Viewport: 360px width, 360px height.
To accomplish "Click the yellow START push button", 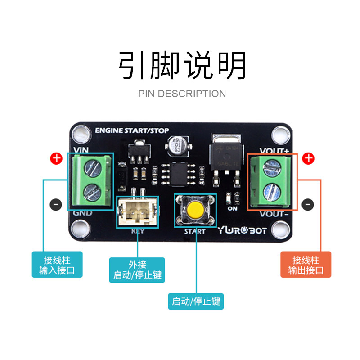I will [x=195, y=210].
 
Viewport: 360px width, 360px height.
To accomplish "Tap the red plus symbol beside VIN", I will [x=56, y=158].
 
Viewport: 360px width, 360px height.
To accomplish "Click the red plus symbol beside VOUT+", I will [x=308, y=158].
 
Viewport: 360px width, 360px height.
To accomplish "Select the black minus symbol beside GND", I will [x=56, y=204].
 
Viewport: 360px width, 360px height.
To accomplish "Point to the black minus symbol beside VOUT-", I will [x=308, y=204].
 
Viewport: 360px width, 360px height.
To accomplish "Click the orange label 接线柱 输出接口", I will [x=306, y=265].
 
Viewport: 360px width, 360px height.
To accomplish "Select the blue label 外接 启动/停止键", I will [x=137, y=270].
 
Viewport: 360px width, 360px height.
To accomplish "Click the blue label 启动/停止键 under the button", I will [x=196, y=301].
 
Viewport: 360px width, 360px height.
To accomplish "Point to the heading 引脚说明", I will [x=182, y=66].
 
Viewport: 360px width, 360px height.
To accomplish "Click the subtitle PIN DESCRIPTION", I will [x=182, y=94].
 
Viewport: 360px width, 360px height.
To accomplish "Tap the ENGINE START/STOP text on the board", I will [x=132, y=130].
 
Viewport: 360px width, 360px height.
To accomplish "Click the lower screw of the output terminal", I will [x=271, y=190].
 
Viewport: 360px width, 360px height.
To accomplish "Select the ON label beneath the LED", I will [x=233, y=209].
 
